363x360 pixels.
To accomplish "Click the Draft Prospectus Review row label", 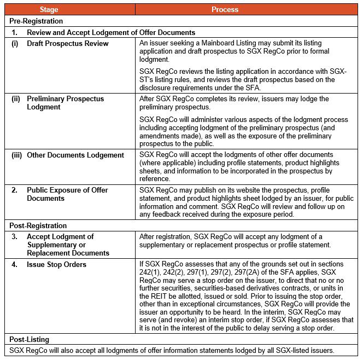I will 68,43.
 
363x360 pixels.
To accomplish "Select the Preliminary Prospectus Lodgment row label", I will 66,103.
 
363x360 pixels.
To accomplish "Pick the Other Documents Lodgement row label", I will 75,155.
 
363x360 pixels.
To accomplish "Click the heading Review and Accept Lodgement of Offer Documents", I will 111,32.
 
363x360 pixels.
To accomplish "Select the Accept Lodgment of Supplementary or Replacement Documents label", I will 68,245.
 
